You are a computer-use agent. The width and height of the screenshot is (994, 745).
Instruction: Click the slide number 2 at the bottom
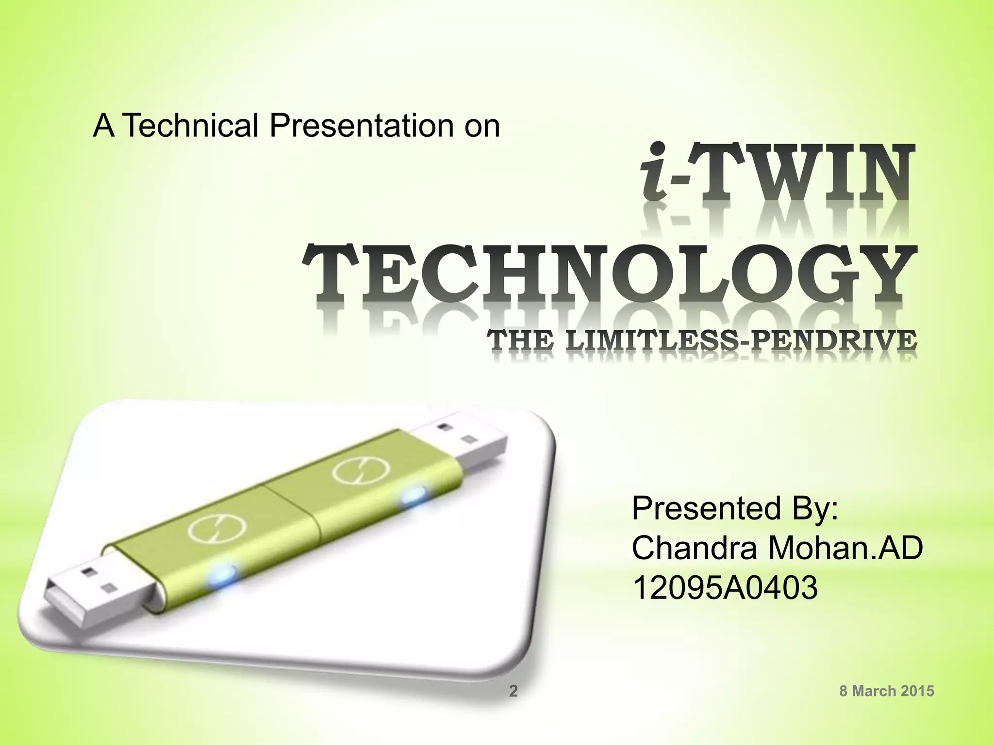(513, 691)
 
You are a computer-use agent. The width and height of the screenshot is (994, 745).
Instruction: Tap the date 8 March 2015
(887, 691)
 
